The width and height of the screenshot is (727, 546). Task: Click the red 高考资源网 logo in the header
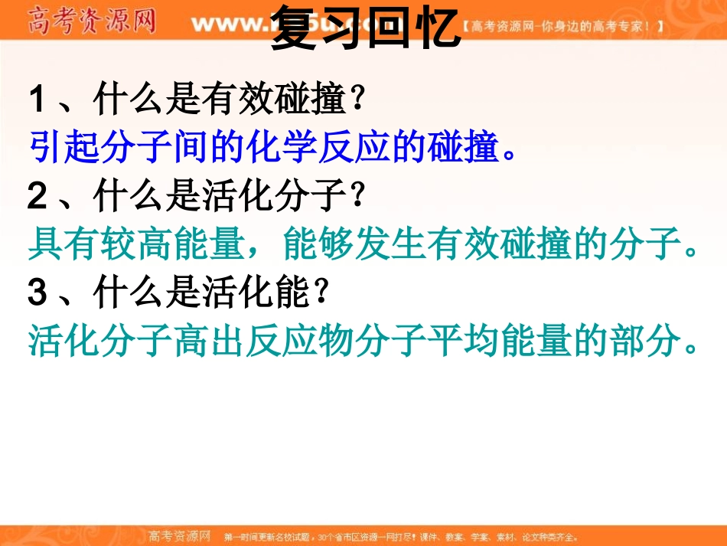click(92, 20)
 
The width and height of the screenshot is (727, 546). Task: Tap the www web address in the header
click(230, 23)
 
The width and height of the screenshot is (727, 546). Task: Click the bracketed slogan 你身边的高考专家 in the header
click(562, 26)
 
